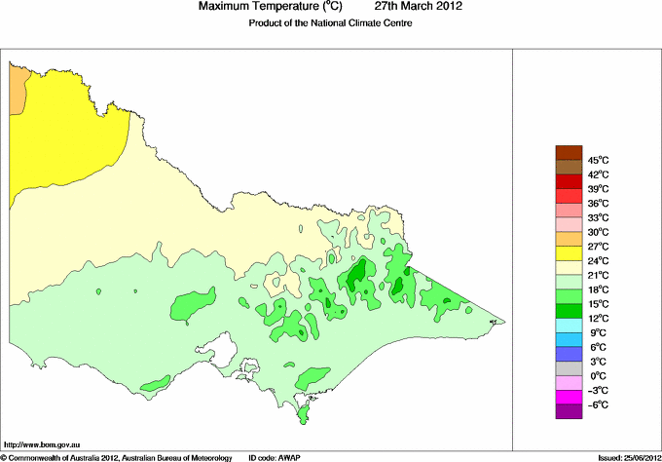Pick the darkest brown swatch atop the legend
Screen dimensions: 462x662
(568, 152)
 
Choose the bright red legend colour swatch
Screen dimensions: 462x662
(568, 181)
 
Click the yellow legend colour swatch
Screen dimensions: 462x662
(568, 253)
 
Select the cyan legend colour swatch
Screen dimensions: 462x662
(568, 326)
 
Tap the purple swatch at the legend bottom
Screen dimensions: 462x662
(568, 411)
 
